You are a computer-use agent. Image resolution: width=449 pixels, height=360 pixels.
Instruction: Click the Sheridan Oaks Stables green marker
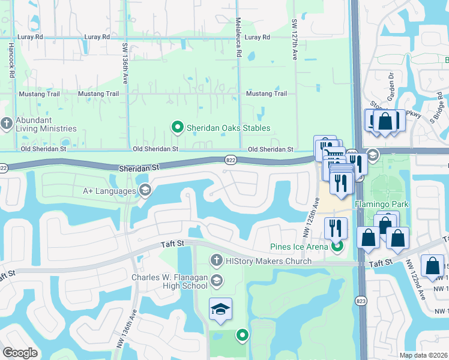click(x=177, y=127)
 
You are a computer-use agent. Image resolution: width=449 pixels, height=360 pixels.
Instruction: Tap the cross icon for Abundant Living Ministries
click(x=7, y=124)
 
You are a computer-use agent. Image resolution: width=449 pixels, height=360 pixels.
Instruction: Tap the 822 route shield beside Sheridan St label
click(x=230, y=160)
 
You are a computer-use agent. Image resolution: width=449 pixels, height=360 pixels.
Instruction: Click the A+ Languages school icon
click(x=145, y=191)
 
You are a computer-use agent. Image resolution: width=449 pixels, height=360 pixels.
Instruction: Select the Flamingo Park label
click(x=381, y=205)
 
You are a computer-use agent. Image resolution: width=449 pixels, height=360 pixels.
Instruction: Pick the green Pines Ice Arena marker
click(x=337, y=246)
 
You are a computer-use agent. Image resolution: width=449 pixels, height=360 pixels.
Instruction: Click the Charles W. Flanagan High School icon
click(x=217, y=280)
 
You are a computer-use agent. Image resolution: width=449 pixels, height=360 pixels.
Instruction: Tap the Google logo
click(x=20, y=353)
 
